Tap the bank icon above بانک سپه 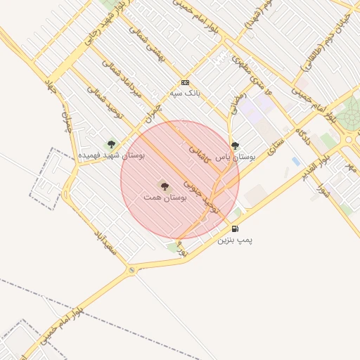185,82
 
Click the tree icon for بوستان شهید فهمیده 111,144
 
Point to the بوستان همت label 165,198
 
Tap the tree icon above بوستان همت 165,186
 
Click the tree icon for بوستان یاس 235,146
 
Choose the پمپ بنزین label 234,240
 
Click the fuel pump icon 235,229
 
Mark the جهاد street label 51,87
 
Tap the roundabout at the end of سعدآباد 131,270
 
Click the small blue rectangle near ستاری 295,162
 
